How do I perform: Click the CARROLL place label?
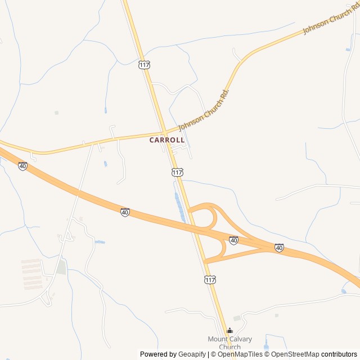click(167, 140)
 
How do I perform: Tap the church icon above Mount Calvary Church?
click(229, 331)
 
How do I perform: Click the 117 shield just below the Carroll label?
click(177, 172)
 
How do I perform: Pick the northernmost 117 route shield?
click(144, 65)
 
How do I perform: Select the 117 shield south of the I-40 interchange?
click(210, 280)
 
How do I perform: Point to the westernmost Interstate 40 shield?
click(22, 166)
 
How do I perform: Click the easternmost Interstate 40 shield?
click(279, 247)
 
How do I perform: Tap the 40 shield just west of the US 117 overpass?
click(125, 212)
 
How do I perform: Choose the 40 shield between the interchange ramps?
click(233, 240)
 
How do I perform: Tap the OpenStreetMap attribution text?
click(295, 354)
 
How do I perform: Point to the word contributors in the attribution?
click(340, 354)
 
